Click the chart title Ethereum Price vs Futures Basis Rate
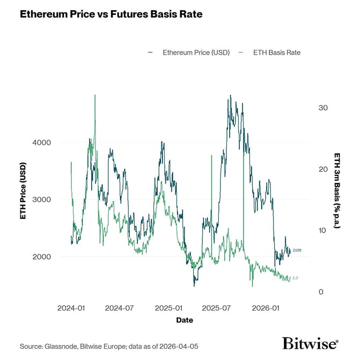point(111,14)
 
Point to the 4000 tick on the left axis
point(42,142)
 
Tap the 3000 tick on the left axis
point(42,200)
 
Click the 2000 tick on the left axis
point(42,256)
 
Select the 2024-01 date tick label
point(71,308)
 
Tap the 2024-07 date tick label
point(120,308)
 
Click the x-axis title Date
point(185,320)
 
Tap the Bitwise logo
point(310,343)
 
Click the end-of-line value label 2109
point(297,251)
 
